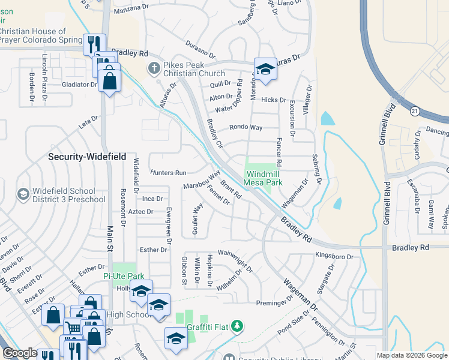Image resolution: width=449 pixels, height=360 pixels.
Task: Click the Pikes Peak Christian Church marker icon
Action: pyautogui.click(x=154, y=68)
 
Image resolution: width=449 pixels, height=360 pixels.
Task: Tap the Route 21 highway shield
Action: pyautogui.click(x=414, y=111)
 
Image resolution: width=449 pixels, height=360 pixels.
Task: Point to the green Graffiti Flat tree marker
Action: pyautogui.click(x=238, y=326)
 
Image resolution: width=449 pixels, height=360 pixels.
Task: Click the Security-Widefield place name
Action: pyautogui.click(x=87, y=157)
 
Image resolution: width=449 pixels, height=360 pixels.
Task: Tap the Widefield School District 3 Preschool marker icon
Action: pyautogui.click(x=23, y=194)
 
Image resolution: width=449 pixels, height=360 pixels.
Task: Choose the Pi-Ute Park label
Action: pyautogui.click(x=125, y=276)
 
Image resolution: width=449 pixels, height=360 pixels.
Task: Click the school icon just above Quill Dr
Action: pyautogui.click(x=265, y=69)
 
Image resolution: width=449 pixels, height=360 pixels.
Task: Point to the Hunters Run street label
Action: pyautogui.click(x=169, y=172)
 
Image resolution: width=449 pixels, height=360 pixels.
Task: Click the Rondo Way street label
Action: pyautogui.click(x=246, y=128)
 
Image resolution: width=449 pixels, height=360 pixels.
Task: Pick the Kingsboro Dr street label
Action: pyautogui.click(x=334, y=256)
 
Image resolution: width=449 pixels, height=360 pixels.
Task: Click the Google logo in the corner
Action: pyautogui.click(x=20, y=353)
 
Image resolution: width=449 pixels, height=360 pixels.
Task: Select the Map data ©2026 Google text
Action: pyautogui.click(x=411, y=355)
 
